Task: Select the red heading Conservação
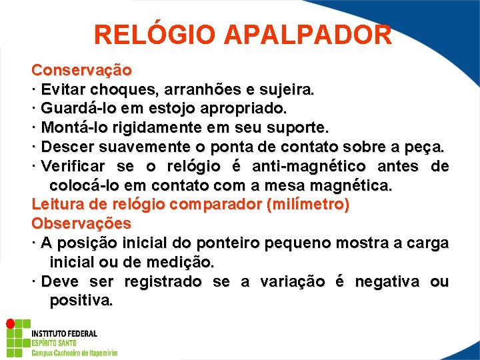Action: (81, 69)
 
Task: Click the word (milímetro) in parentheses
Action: (307, 205)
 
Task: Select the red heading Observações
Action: (81, 223)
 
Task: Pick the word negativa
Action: (387, 281)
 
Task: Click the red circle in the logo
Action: (10, 323)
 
